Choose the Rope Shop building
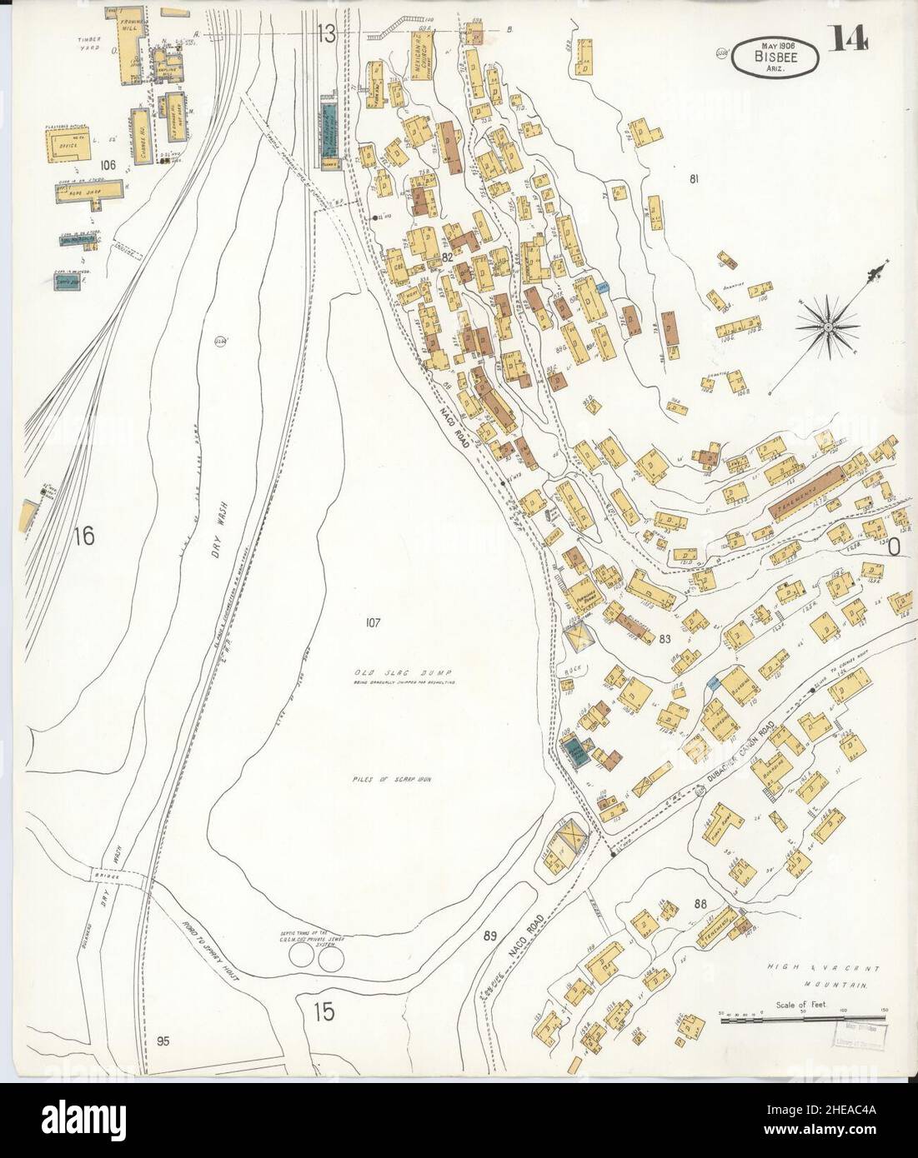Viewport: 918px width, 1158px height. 90,190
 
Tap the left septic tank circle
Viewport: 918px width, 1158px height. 302,960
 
